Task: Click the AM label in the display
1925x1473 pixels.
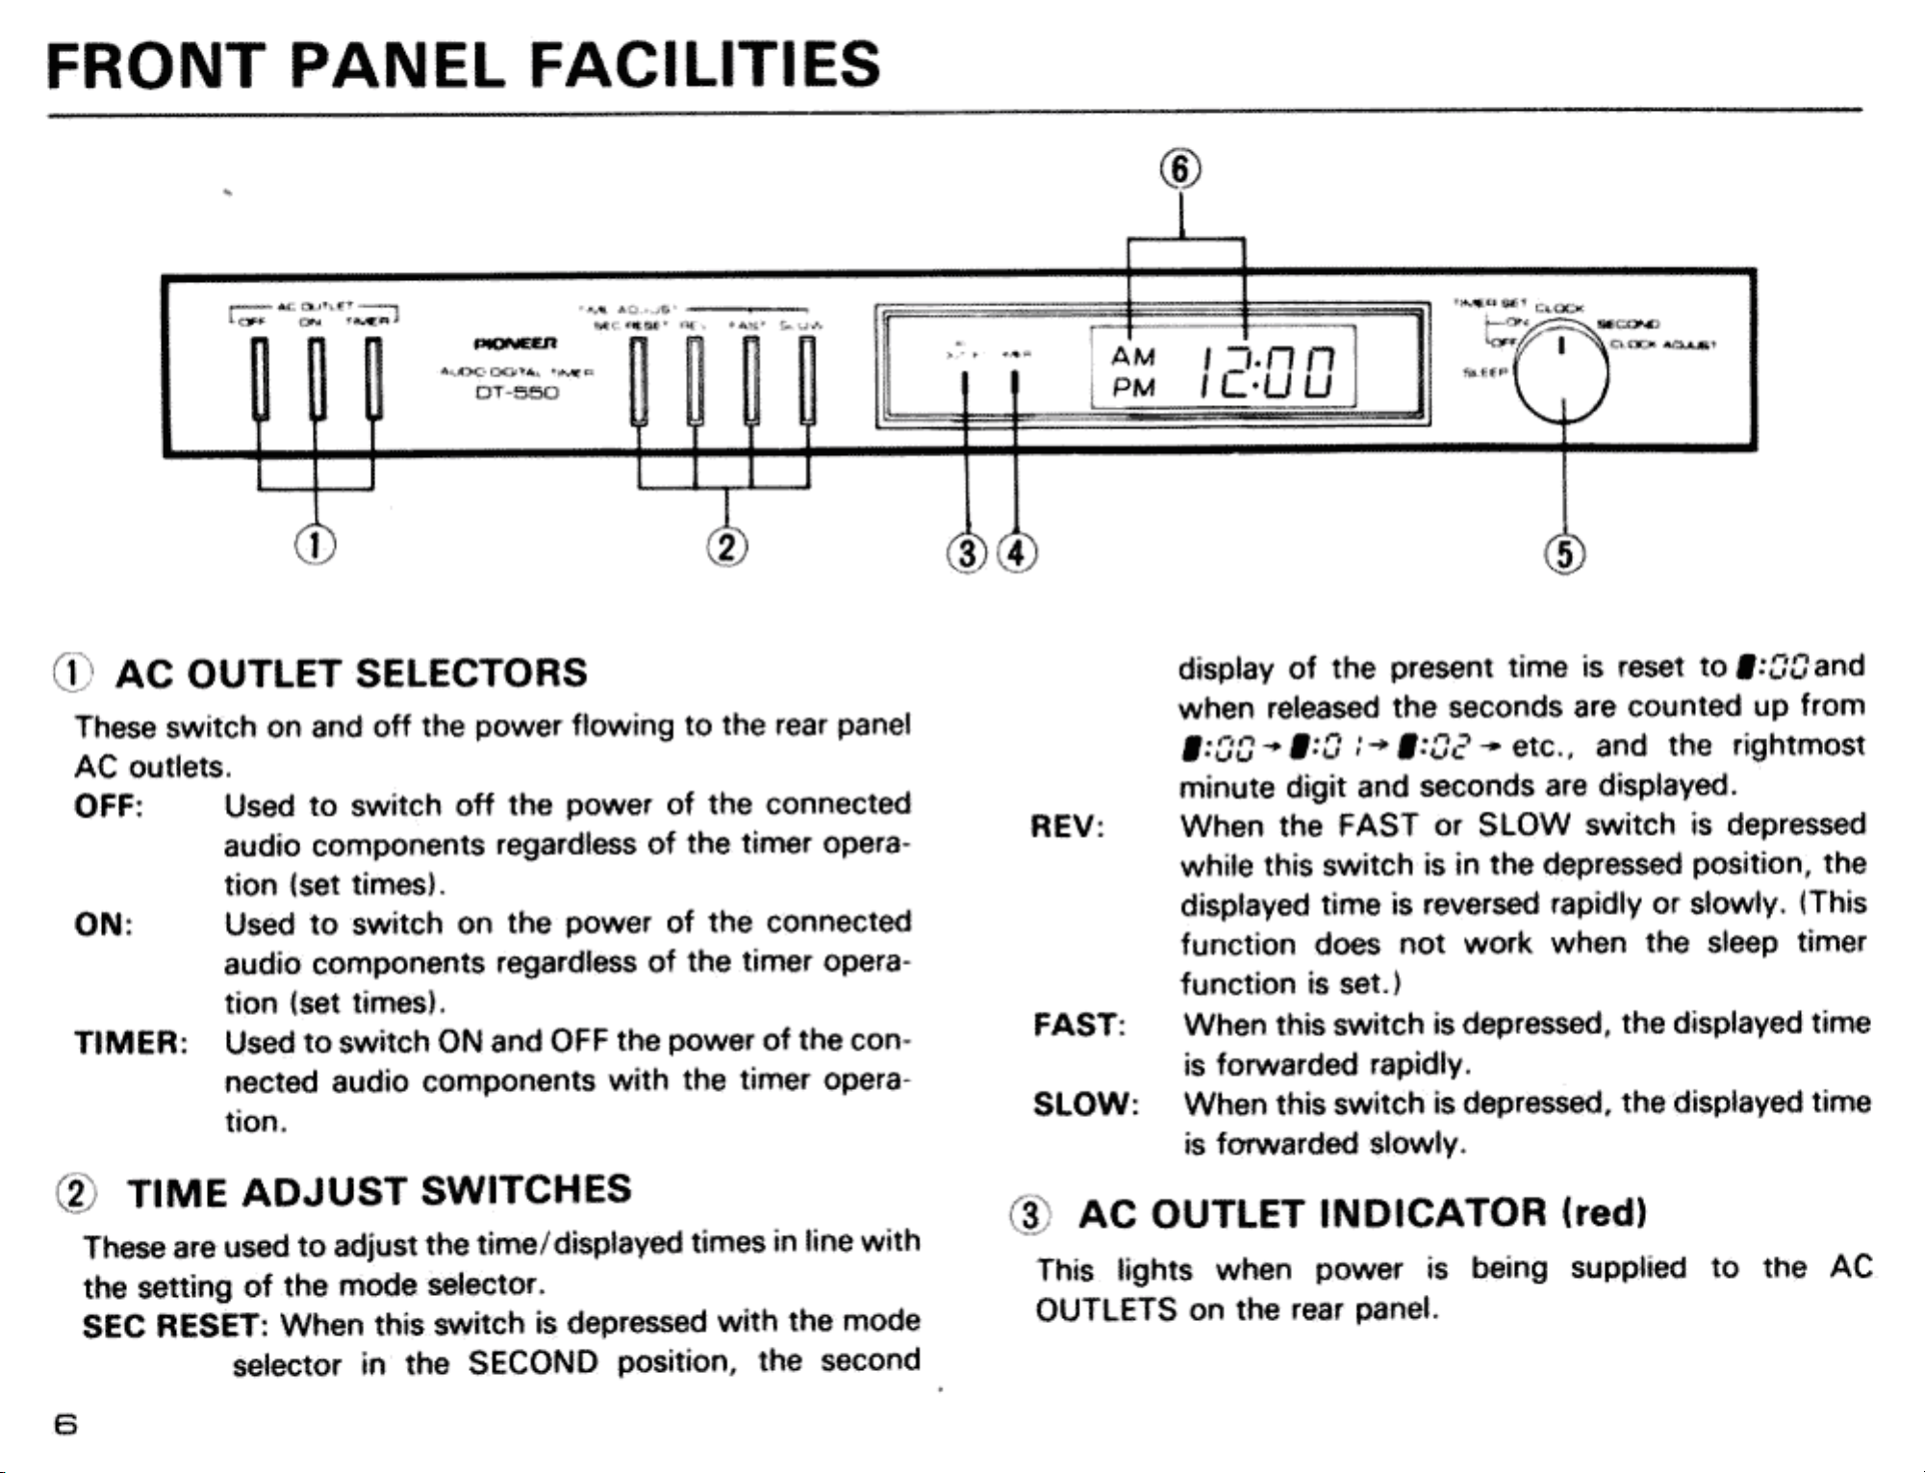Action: [1132, 357]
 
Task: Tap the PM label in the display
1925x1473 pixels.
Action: [1132, 387]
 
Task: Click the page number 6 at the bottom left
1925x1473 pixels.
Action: [65, 1424]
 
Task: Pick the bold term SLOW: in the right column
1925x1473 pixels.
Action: [1085, 1105]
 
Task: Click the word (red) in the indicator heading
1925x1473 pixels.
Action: [1605, 1212]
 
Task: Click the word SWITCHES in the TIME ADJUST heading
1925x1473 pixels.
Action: [526, 1190]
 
